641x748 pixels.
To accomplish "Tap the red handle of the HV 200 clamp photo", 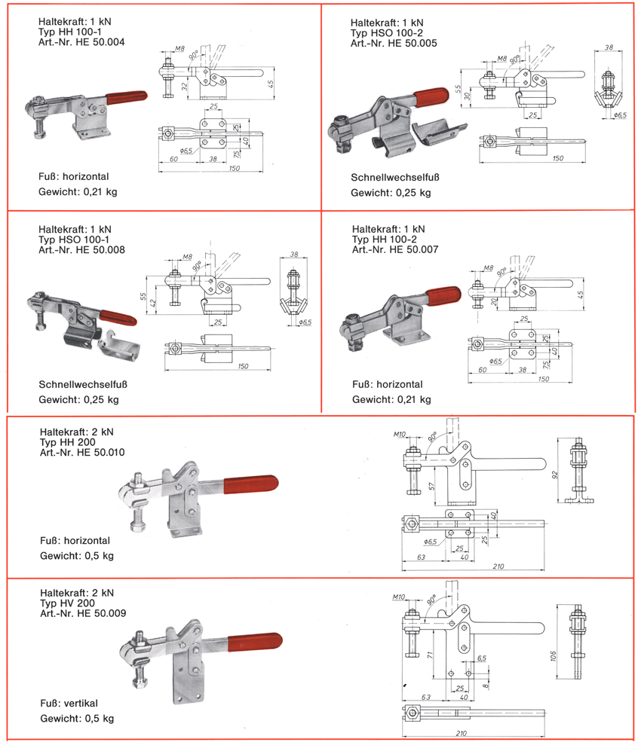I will click(x=256, y=641).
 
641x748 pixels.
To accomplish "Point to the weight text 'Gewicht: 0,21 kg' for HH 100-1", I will click(x=78, y=192).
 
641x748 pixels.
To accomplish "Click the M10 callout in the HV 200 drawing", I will click(x=400, y=597).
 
